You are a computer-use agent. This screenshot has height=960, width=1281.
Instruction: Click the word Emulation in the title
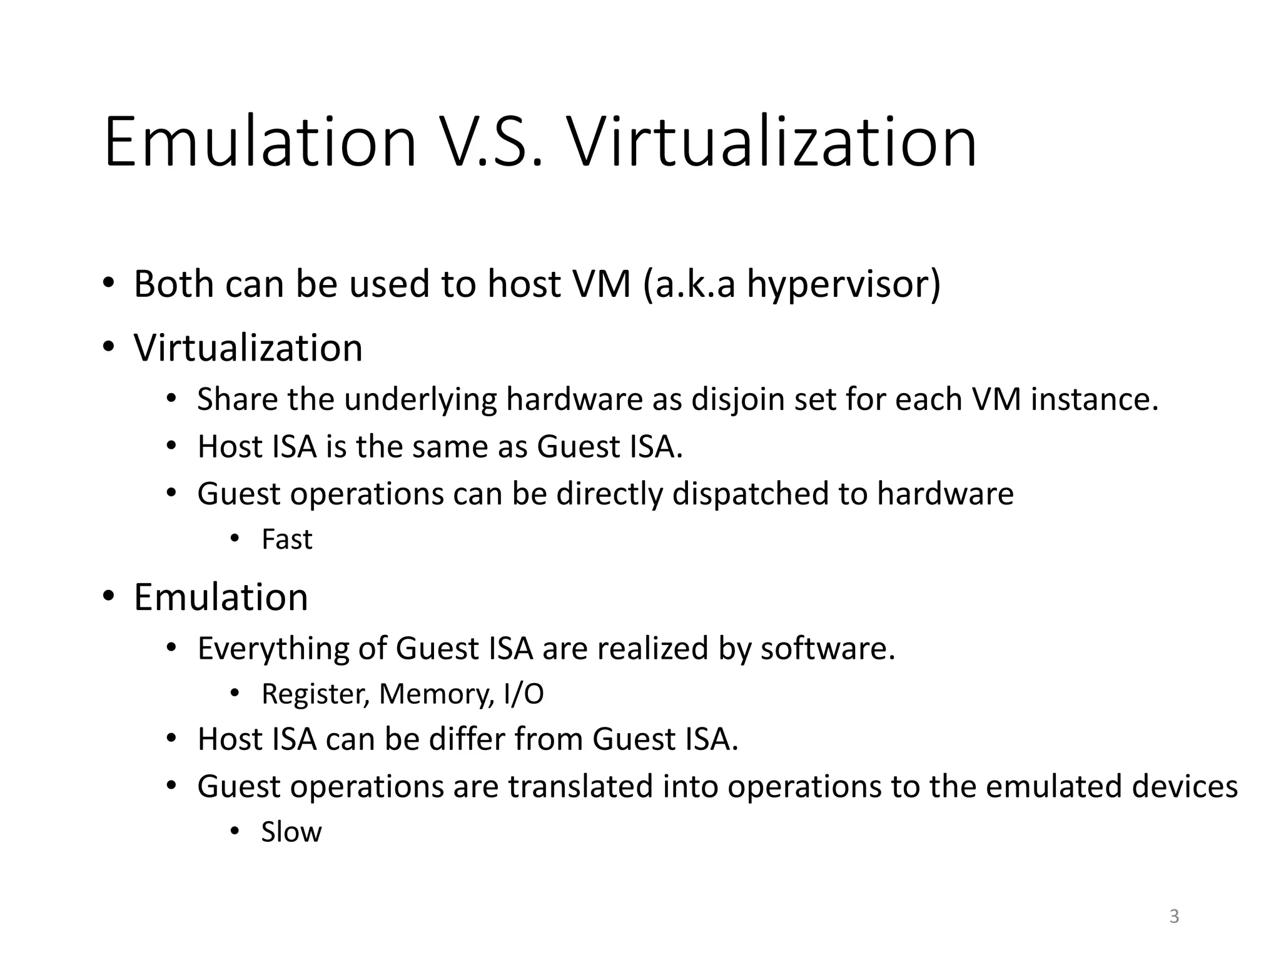pos(260,142)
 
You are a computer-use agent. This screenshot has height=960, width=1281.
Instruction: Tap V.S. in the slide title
pos(491,142)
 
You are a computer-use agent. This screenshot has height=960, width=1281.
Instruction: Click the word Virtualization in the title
pos(771,142)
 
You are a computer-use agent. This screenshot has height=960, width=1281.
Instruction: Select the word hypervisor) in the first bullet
pos(844,285)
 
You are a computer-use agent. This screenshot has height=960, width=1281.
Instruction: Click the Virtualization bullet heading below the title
pos(248,347)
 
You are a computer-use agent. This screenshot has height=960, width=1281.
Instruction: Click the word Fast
pos(286,539)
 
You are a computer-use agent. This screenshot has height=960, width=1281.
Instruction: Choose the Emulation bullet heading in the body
pos(221,597)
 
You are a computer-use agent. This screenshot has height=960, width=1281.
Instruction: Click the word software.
pos(828,649)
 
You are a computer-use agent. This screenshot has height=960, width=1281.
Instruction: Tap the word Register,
pos(315,694)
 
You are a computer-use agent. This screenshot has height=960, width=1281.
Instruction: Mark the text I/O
pos(524,694)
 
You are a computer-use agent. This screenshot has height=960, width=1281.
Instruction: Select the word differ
pos(467,739)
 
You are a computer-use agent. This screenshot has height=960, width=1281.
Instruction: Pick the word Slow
pos(291,832)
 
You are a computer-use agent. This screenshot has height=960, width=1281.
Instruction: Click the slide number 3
pos(1174,916)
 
